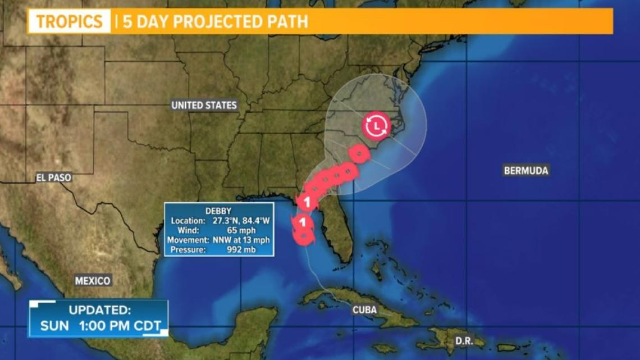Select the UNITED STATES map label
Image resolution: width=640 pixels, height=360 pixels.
tap(204, 105)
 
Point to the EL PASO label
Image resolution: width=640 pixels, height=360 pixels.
tap(54, 177)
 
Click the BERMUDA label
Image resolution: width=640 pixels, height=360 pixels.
tap(526, 171)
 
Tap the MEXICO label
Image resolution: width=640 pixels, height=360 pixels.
tap(93, 281)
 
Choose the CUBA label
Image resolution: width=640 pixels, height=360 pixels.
tap(364, 309)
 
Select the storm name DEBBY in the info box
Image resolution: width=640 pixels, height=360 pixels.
tap(219, 211)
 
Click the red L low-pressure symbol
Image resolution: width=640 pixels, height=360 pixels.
tap(376, 126)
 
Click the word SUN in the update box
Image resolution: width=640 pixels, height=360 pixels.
tap(54, 325)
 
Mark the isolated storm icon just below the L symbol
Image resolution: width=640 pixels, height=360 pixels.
tap(358, 153)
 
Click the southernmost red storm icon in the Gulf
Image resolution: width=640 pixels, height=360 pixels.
tap(304, 238)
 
